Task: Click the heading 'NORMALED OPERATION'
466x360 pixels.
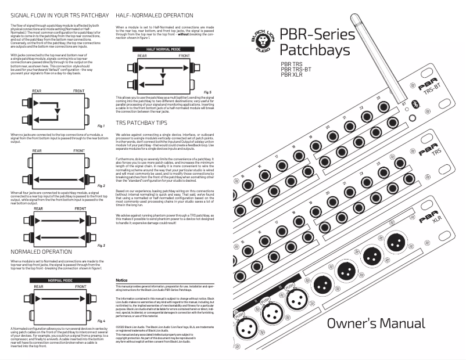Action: [x=42, y=252]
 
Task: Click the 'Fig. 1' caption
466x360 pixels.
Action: [x=101, y=125]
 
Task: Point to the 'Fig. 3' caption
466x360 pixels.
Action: [x=101, y=246]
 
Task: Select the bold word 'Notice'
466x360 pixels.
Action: [x=121, y=280]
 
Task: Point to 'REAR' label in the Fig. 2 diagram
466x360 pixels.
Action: [x=37, y=150]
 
